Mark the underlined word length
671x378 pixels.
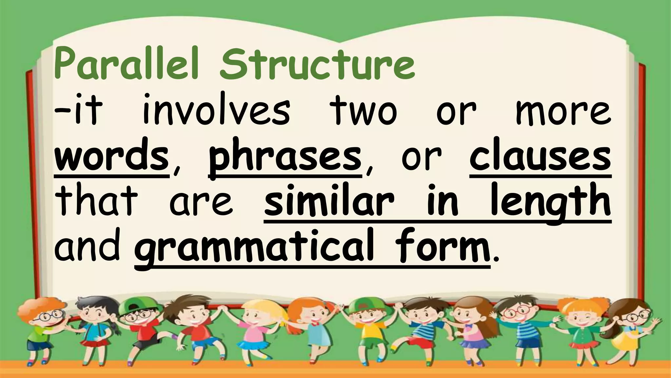(550, 202)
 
